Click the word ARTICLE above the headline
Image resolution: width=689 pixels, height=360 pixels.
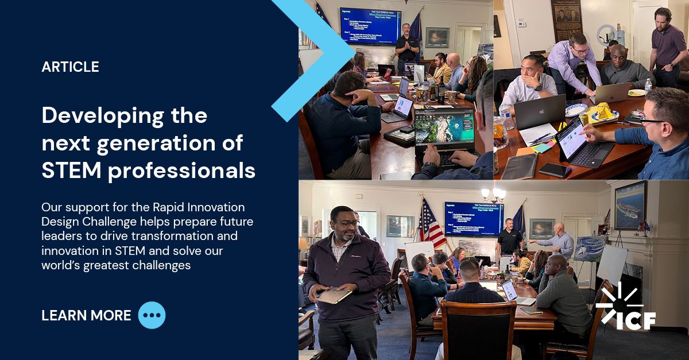point(70,67)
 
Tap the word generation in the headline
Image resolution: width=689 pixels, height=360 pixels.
point(153,143)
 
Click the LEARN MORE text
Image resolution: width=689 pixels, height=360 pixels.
point(86,315)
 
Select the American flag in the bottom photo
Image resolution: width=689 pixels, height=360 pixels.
point(431,224)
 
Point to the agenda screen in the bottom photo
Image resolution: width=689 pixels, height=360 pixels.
point(473,219)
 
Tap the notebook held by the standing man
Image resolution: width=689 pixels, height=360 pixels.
point(334,295)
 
